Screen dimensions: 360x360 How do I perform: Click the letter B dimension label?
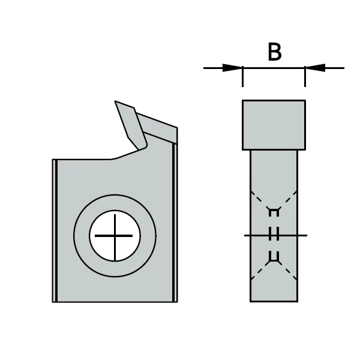coord(274,52)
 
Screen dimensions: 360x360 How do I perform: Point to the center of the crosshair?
coord(115,235)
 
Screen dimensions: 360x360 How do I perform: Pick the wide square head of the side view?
coord(274,124)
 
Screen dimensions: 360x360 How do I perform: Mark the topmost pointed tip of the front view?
coord(116,102)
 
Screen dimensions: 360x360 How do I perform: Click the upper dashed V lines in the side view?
coord(274,201)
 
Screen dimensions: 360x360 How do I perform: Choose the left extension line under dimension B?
coord(242,78)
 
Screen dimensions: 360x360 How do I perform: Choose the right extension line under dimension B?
coord(305,78)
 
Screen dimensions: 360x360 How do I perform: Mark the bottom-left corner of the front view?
coord(53,301)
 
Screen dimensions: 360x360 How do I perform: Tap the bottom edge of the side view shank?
coord(274,301)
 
